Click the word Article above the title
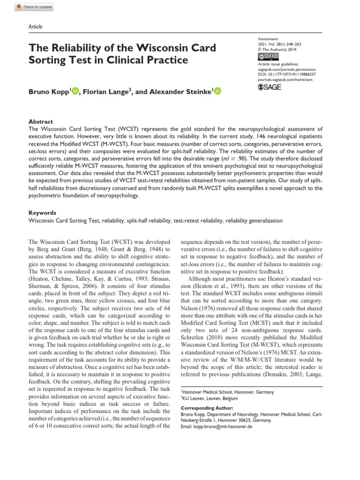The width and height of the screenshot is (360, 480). pyautogui.click(x=36, y=27)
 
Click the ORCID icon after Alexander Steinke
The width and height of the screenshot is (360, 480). pyautogui.click(x=217, y=92)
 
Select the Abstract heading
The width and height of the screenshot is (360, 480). pyautogui.click(x=41, y=121)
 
